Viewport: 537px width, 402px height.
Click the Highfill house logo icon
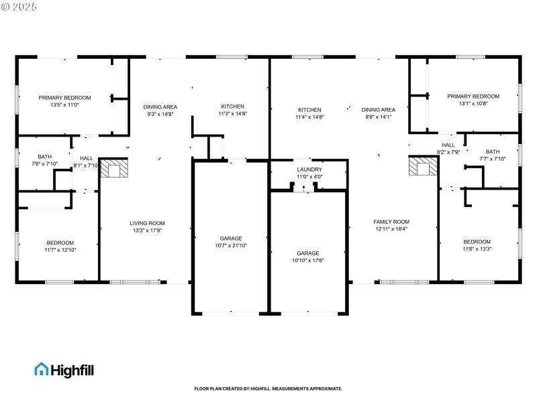[42, 369]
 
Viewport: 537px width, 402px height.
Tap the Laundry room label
[309, 169]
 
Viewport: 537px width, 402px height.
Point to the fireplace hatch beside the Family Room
[422, 167]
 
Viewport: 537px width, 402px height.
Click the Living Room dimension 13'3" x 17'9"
[147, 230]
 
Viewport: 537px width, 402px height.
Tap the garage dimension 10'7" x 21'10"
[231, 246]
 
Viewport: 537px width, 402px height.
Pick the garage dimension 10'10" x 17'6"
[309, 261]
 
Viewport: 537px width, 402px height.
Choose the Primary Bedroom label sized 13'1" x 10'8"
[473, 96]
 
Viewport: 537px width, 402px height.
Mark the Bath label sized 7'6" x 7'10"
[44, 157]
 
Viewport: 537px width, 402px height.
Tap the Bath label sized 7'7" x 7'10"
[493, 151]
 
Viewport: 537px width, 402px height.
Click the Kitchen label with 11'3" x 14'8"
[233, 107]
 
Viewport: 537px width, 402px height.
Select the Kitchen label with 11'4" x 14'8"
[309, 110]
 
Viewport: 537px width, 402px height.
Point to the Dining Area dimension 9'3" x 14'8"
[160, 115]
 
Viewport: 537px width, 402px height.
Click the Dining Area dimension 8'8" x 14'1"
[378, 117]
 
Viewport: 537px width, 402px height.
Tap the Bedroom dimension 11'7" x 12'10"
[60, 250]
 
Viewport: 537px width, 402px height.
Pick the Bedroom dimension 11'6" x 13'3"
[477, 249]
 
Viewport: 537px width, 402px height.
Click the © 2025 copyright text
[19, 7]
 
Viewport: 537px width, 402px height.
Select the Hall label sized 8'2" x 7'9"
[448, 145]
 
